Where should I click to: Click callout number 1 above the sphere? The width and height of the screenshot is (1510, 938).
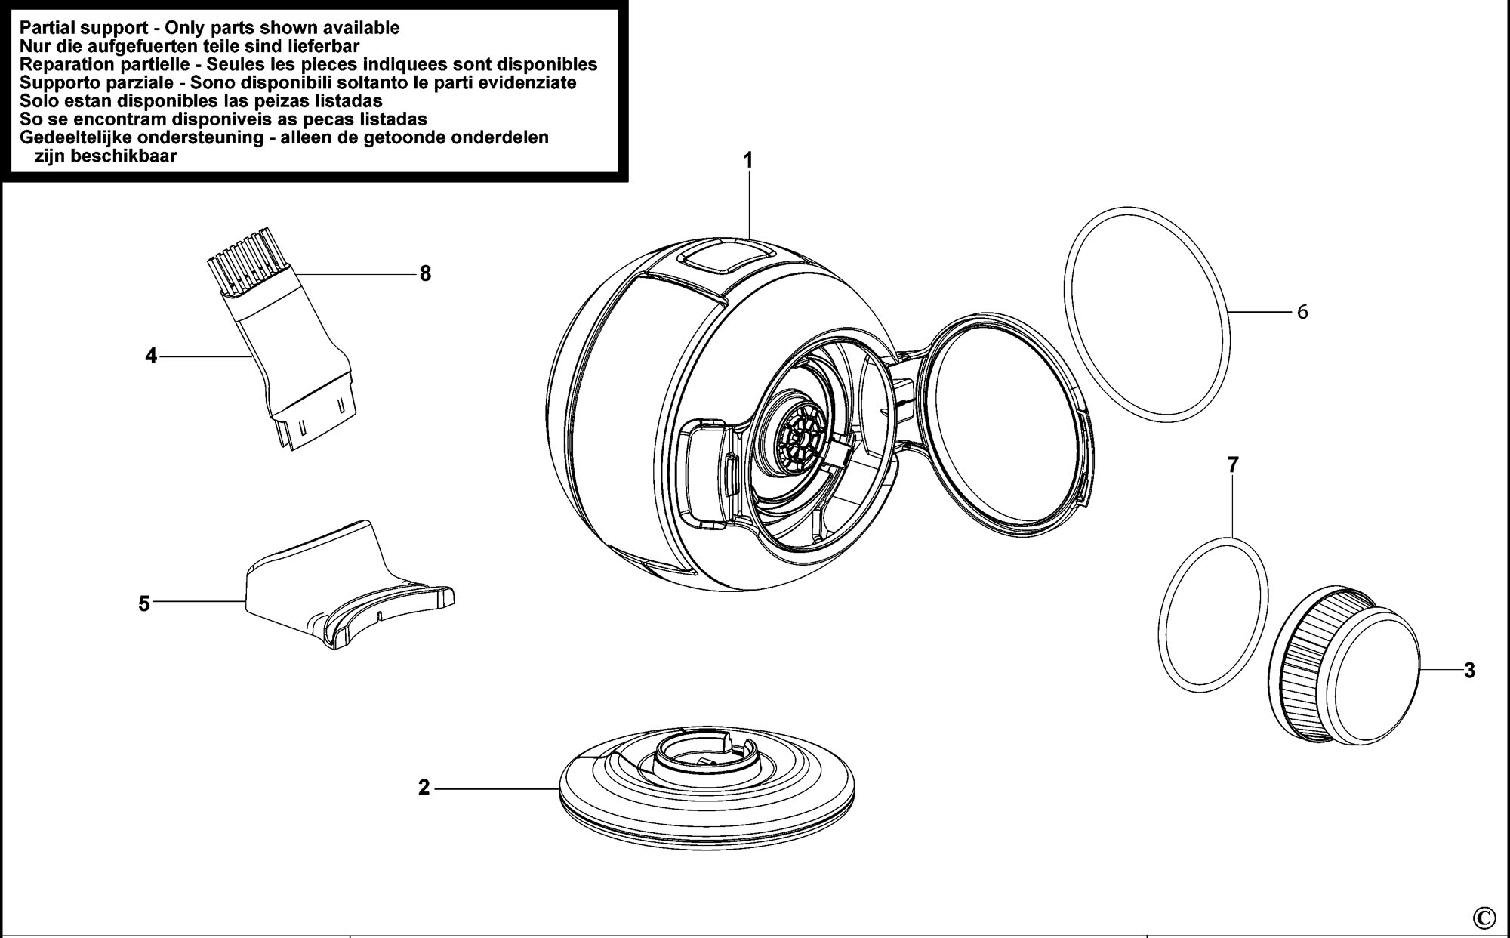tap(748, 161)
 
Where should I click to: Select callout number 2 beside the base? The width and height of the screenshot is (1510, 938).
tap(424, 788)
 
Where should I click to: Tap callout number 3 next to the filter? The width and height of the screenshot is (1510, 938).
tap(1469, 670)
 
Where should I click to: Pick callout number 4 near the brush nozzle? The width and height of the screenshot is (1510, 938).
tap(151, 356)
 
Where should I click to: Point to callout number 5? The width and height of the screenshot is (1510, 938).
tap(144, 604)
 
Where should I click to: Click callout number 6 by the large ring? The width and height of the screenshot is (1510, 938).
tap(1302, 311)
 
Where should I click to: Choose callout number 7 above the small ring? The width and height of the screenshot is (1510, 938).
tap(1233, 465)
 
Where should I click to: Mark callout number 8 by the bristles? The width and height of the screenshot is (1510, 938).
tap(425, 273)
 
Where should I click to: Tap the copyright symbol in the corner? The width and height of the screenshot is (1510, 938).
tap(1484, 917)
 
